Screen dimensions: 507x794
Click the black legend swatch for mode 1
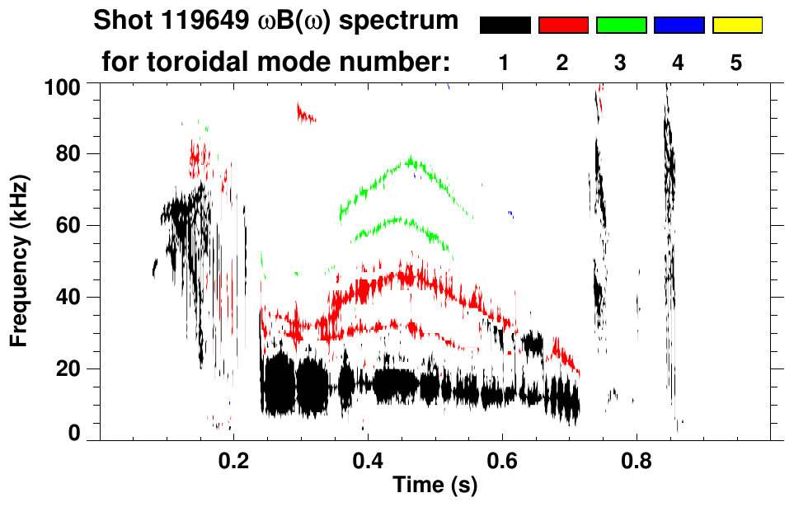click(x=505, y=26)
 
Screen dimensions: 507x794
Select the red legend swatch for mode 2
click(x=563, y=26)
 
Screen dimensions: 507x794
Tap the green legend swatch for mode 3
click(x=621, y=26)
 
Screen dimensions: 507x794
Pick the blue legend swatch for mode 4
click(x=679, y=26)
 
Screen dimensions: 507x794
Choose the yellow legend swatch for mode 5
click(x=736, y=26)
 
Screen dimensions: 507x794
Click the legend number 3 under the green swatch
click(x=621, y=63)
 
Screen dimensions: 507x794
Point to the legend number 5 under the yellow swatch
click(x=736, y=63)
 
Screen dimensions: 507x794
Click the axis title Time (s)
click(x=435, y=486)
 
